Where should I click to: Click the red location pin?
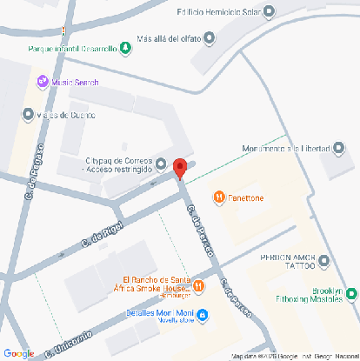pos(180,169)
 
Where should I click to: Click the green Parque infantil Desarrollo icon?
pos(126,48)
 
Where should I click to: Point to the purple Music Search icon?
pos(41,82)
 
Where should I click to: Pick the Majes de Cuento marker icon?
pos(28,114)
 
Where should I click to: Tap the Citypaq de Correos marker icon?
pos(162,163)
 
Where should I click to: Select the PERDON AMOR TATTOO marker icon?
pos(324,261)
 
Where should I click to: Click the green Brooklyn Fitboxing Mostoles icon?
pos(350,294)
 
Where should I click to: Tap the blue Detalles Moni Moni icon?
pos(203,313)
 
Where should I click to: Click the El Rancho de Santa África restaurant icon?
pos(199,284)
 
